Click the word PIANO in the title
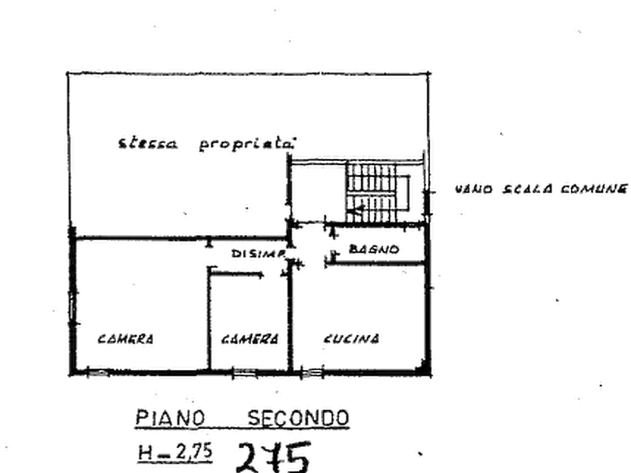[x=171, y=417]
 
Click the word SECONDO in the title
[x=298, y=417]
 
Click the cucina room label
[x=354, y=339]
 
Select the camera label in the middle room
[x=249, y=340]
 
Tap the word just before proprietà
[x=147, y=143]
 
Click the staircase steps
[x=368, y=192]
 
